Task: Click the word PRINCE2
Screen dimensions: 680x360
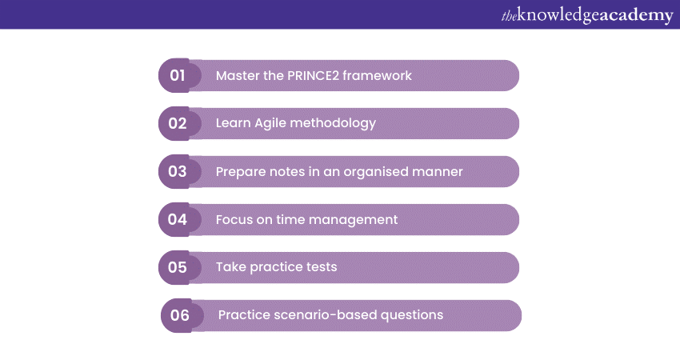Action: tap(313, 75)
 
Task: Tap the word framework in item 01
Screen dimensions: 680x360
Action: tap(377, 75)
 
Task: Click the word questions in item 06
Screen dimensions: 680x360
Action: tap(412, 315)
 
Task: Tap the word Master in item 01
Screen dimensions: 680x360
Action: tap(238, 75)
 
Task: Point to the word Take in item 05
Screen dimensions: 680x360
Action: tap(231, 266)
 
